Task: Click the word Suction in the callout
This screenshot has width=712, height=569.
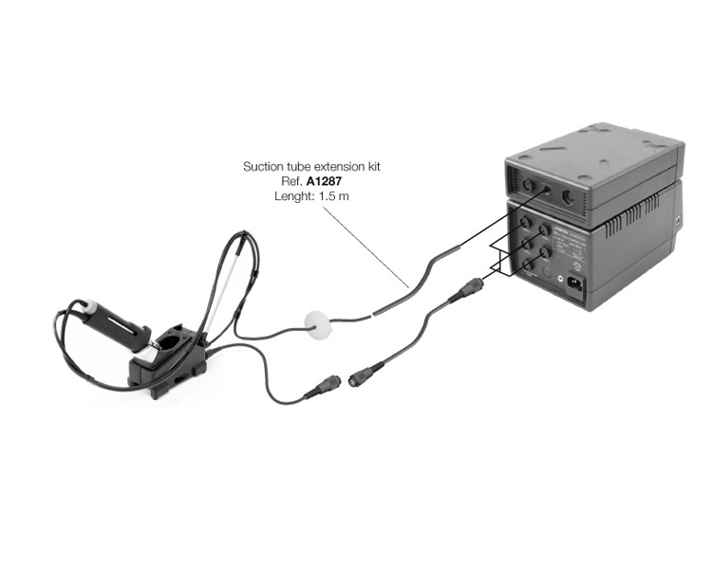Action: click(x=263, y=167)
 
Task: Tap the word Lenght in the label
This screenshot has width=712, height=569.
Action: click(x=290, y=195)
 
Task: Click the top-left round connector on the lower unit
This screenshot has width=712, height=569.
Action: click(x=522, y=224)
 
